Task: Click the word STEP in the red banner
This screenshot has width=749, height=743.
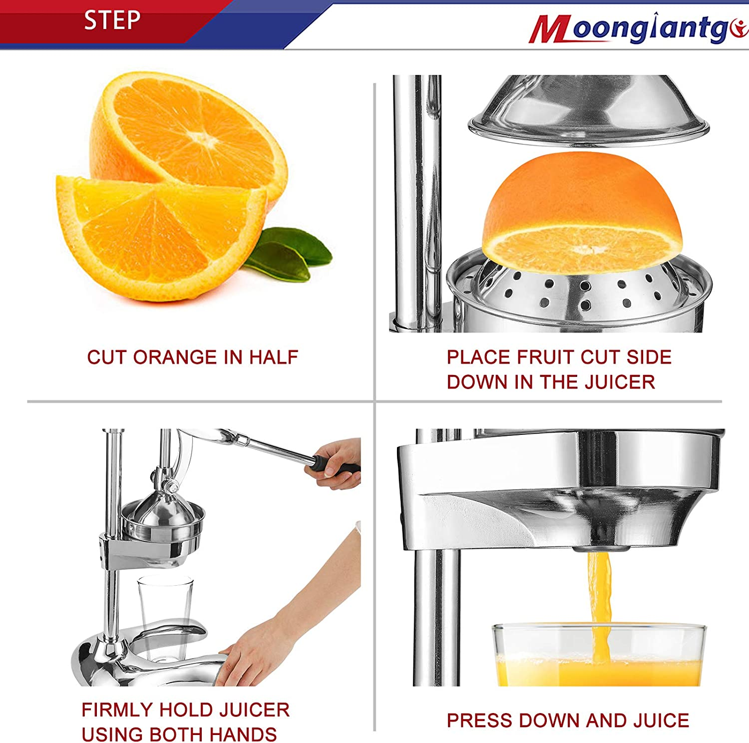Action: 112,21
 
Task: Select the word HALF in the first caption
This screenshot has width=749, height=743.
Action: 273,358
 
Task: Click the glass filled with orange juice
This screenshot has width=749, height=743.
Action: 599,659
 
